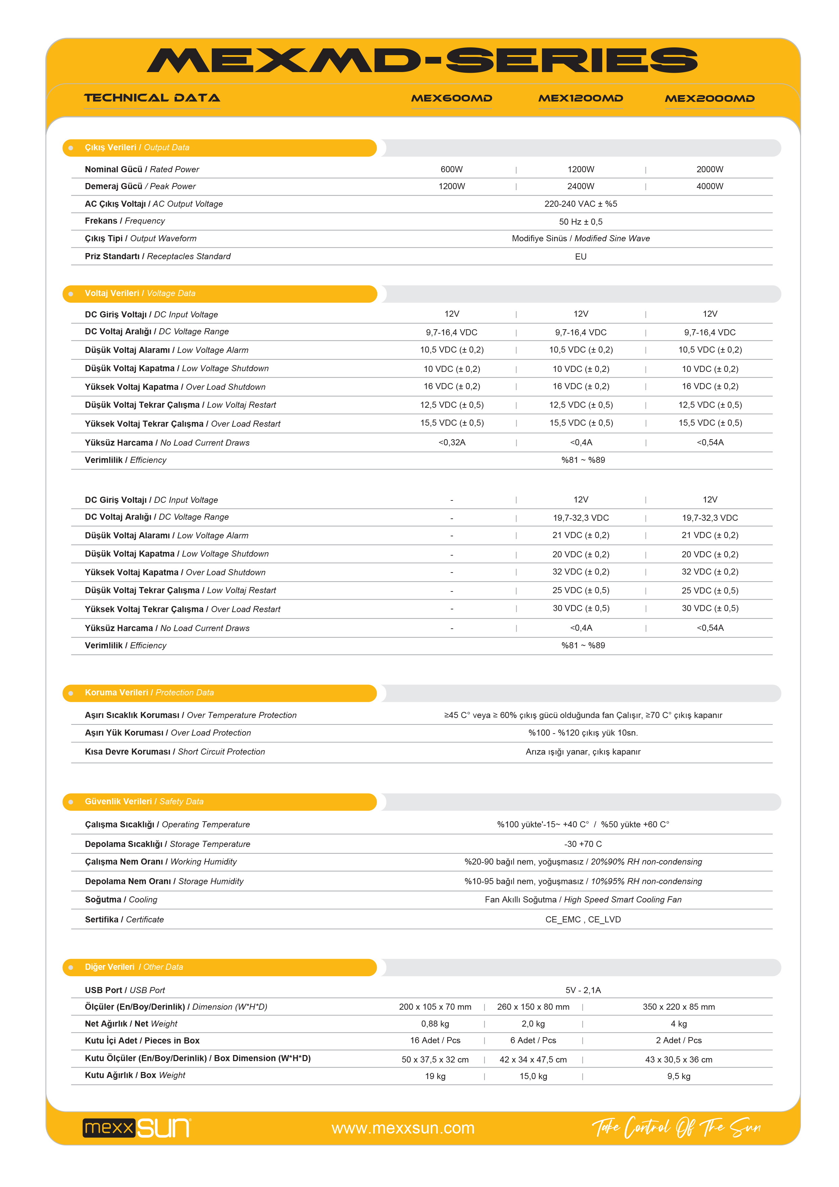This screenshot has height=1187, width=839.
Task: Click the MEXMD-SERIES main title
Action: pos(422,61)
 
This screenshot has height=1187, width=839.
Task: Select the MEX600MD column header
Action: pos(451,98)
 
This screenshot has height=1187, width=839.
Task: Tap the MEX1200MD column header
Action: pos(581,98)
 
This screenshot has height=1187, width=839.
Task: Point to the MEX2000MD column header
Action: pos(709,98)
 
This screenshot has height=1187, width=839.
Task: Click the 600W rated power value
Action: pos(451,170)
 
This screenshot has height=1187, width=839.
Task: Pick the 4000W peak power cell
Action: pos(709,186)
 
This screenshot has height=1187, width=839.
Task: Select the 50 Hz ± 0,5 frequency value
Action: pos(581,222)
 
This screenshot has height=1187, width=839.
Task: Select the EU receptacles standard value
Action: pos(581,256)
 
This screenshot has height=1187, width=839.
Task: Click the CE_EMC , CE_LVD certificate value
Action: pos(583,919)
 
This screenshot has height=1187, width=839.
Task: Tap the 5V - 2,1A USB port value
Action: pos(583,990)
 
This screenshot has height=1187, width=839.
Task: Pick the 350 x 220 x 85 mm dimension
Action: pos(678,1007)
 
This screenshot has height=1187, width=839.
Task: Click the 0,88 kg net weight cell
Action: pos(435,1024)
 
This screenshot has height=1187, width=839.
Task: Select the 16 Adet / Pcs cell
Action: pos(435,1040)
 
